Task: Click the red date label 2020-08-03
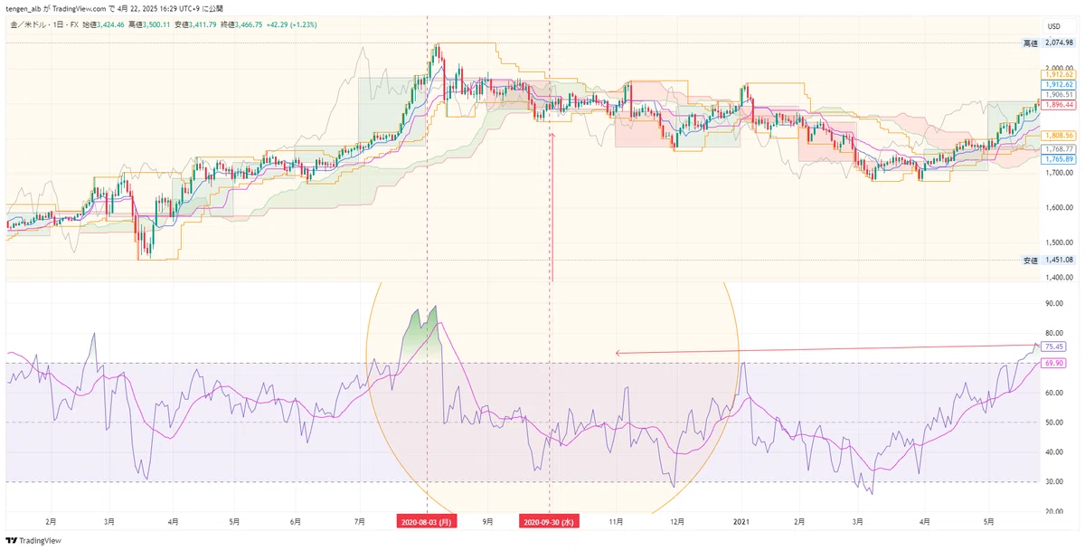tap(427, 522)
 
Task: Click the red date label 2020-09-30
tap(550, 522)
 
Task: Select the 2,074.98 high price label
tap(1057, 43)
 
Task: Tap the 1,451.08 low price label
tap(1057, 261)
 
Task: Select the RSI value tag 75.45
tap(1053, 347)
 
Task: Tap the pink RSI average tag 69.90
tap(1053, 363)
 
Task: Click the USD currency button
tap(1053, 26)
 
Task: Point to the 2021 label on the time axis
tap(741, 522)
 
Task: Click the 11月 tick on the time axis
tap(616, 522)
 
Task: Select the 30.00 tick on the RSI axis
tap(1053, 481)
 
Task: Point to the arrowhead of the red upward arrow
tap(552, 137)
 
